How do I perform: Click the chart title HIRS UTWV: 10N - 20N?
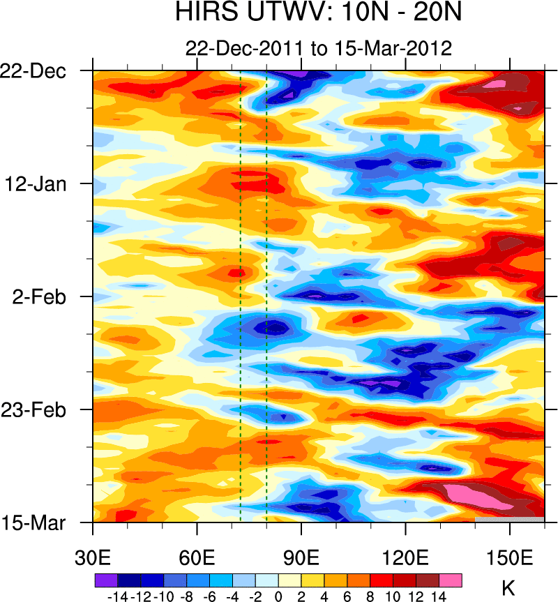(319, 13)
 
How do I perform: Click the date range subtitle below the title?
(319, 48)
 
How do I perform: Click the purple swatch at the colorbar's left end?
(106, 580)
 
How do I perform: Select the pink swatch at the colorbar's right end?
(451, 580)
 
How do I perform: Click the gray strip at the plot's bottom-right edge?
(509, 520)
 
